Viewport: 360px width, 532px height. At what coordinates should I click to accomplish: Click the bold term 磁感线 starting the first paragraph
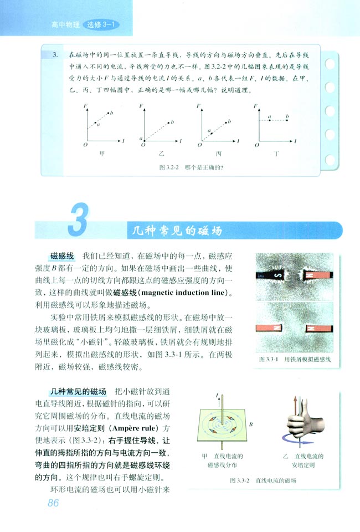(61, 256)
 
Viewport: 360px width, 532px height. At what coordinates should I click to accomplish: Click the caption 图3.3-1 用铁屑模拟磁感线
(296, 360)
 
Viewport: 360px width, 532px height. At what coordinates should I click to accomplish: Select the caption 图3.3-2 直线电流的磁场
(263, 481)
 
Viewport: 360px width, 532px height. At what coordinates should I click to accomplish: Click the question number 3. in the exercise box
(55, 55)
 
